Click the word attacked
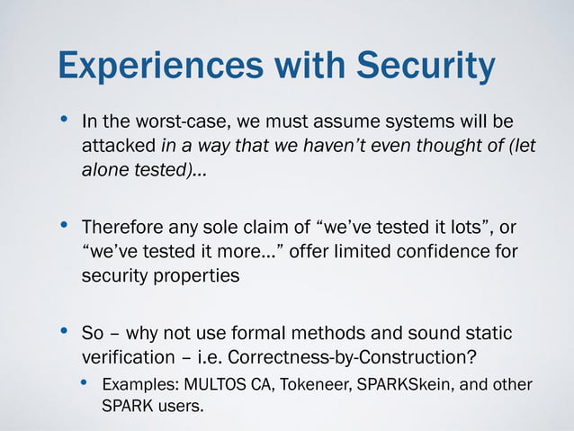coord(119,147)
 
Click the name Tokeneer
coord(319,386)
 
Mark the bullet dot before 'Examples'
coord(84,384)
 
